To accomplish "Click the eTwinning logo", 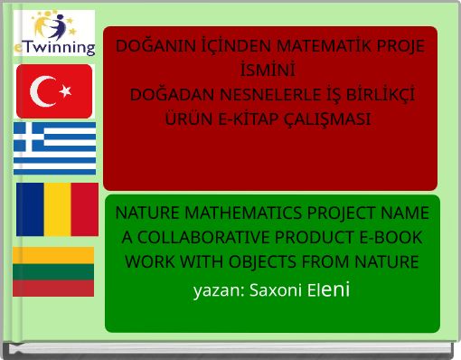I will click(x=53, y=33).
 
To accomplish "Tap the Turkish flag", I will click(x=54, y=90).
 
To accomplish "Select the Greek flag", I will click(x=54, y=148).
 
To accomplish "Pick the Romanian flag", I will click(x=57, y=209).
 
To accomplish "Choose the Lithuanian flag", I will click(x=53, y=271).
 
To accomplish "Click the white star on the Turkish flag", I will click(x=64, y=90).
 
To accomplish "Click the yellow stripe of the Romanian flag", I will click(x=57, y=209).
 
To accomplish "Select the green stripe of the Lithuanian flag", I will click(x=53, y=271).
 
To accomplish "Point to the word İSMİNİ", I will click(x=270, y=68).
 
